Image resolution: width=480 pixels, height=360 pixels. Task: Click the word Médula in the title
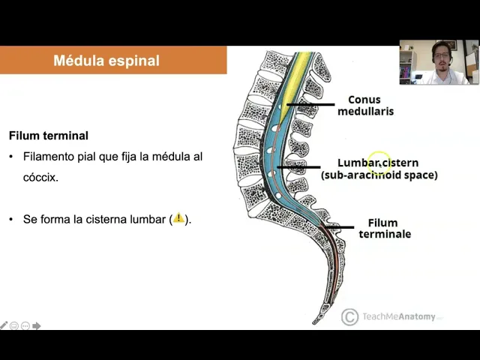coord(77,61)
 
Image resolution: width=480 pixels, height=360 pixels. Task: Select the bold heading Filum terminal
coord(49,136)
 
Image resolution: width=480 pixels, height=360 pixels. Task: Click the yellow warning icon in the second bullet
coord(178,219)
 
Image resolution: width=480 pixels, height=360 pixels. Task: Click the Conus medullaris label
coord(364,105)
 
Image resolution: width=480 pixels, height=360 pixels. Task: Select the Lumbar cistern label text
coord(378,163)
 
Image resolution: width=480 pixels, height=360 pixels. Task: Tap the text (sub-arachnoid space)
coord(379,175)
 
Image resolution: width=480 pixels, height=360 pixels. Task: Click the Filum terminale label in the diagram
coord(384,228)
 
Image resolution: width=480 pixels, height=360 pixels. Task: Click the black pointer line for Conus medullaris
coord(310,104)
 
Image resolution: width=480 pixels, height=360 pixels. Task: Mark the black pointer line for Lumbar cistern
coord(298,166)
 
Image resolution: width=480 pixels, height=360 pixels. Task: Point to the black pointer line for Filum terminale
coord(337,226)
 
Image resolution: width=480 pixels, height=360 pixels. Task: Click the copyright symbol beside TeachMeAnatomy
coord(349,316)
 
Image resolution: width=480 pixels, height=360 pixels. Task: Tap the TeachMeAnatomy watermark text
coord(399,316)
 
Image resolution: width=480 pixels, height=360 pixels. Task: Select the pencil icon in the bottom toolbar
coord(4,325)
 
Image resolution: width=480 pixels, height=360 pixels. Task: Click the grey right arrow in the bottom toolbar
coord(36,325)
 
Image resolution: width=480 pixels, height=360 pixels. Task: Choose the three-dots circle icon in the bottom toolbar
coord(25,325)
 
